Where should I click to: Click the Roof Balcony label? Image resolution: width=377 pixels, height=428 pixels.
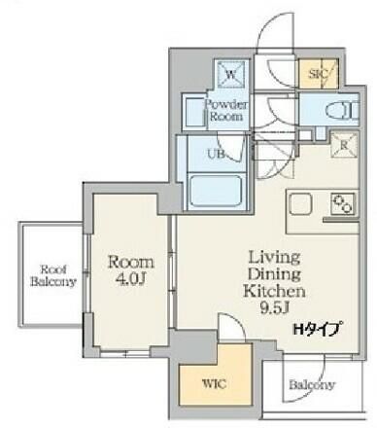pyautogui.click(x=53, y=275)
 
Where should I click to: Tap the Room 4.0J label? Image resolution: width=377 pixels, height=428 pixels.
pyautogui.click(x=131, y=269)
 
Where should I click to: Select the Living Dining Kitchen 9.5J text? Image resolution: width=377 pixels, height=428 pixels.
pyautogui.click(x=274, y=283)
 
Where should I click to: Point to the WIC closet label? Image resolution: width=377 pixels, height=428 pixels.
pyautogui.click(x=214, y=384)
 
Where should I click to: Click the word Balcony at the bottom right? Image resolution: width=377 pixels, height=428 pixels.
pyautogui.click(x=312, y=385)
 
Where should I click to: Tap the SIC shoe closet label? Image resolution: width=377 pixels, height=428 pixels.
pyautogui.click(x=319, y=74)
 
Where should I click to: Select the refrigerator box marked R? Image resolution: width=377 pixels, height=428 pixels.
pyautogui.click(x=344, y=145)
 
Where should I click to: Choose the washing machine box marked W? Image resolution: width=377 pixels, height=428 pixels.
pyautogui.click(x=230, y=75)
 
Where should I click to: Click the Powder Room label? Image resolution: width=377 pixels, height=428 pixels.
pyautogui.click(x=226, y=110)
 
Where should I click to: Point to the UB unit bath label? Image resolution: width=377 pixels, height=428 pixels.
pyautogui.click(x=217, y=154)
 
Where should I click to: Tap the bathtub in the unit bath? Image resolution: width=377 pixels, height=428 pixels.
pyautogui.click(x=216, y=192)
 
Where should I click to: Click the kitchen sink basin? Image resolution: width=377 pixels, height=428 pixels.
pyautogui.click(x=300, y=204)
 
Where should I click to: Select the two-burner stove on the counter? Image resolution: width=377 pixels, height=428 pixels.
pyautogui.click(x=343, y=204)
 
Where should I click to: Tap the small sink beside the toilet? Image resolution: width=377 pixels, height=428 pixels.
pyautogui.click(x=320, y=132)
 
